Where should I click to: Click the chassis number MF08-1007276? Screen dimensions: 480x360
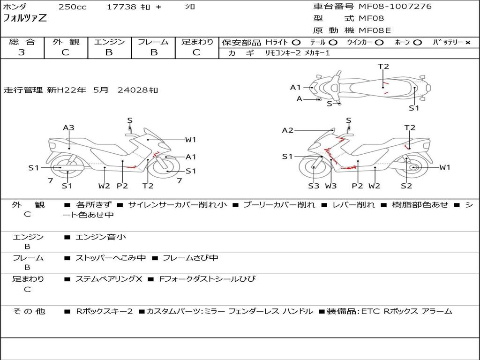[395, 7]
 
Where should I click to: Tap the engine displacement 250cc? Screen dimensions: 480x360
[73, 7]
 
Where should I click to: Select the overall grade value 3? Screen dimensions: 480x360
[22, 52]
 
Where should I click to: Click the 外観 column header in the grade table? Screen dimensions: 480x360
[66, 42]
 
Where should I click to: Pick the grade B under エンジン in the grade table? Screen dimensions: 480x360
[109, 52]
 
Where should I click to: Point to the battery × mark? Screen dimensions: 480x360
[468, 43]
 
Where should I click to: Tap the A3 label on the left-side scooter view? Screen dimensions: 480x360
[68, 127]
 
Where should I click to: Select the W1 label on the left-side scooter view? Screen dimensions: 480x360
[190, 140]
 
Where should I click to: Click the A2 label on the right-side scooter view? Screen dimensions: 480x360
[288, 131]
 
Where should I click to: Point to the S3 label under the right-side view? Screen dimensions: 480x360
[314, 186]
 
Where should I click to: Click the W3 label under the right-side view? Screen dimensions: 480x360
[331, 186]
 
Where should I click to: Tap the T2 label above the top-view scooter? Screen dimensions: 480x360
[383, 67]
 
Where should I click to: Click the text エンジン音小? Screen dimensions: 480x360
[101, 237]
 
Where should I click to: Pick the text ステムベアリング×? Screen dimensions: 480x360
[109, 279]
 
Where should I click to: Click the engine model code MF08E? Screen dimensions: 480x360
[375, 30]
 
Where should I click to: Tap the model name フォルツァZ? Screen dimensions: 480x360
[25, 18]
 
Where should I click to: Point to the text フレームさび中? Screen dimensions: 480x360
[190, 258]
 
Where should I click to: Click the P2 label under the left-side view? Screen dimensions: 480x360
[122, 186]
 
